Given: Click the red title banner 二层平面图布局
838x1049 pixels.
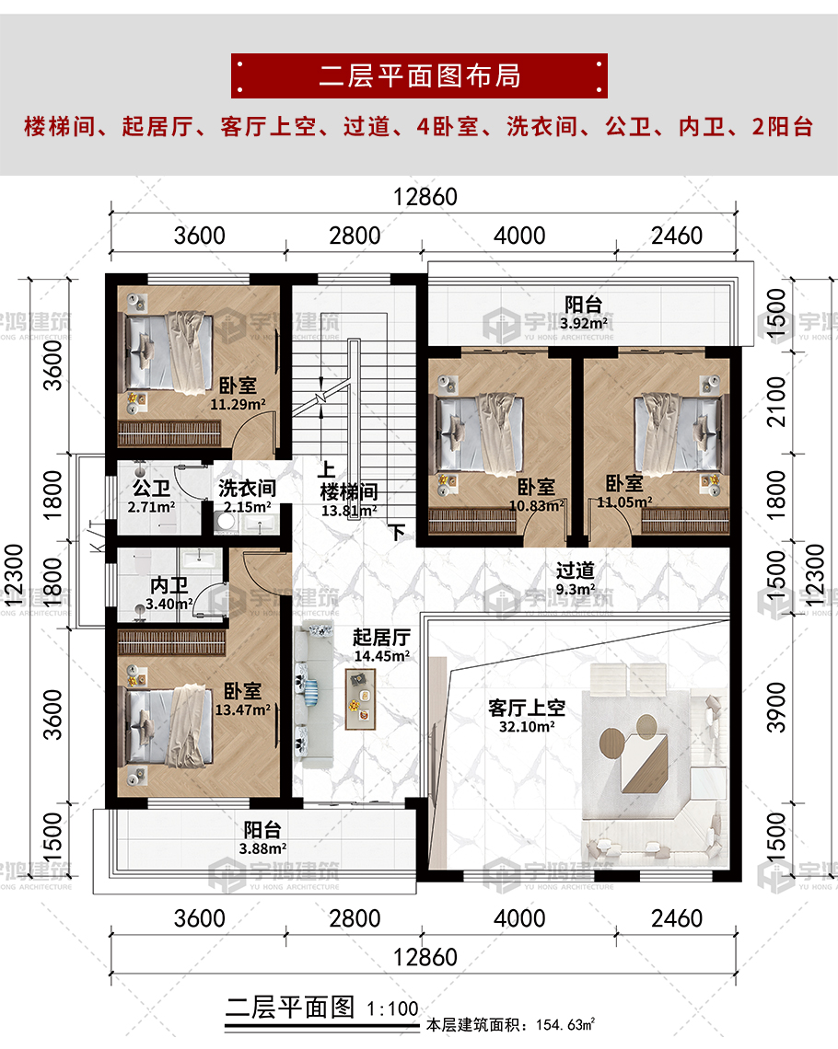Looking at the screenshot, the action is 419,75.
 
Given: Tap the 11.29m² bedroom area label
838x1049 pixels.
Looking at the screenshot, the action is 238,404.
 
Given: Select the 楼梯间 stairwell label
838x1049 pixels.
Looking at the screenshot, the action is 349,492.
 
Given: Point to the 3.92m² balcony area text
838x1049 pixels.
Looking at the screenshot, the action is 584,323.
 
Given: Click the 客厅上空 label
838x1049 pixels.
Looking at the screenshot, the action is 526,707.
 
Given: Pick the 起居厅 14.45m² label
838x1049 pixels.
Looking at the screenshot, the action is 381,646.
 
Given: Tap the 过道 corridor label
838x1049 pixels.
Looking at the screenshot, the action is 575,570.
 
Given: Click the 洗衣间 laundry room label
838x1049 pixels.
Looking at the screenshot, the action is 247,489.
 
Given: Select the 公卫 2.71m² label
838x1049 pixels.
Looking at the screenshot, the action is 151,496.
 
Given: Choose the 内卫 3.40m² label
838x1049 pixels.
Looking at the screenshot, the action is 169,594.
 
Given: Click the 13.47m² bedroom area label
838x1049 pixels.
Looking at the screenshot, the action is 242,709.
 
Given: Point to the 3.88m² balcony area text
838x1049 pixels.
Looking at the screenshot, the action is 262,848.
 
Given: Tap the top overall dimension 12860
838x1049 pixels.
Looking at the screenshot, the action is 425,197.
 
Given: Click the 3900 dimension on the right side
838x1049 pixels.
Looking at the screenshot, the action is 775,708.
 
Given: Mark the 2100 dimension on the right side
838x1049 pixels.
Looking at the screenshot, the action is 775,401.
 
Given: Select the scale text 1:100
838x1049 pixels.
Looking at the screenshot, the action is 392,1009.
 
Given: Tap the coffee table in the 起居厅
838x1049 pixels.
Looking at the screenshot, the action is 360,699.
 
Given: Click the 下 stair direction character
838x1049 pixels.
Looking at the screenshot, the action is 398,532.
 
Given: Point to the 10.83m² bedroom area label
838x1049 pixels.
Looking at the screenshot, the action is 537,506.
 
